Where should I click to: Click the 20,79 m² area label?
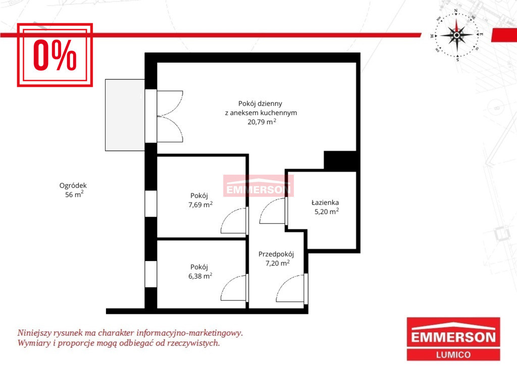pos(262,122)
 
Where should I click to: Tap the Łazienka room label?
pos(325,202)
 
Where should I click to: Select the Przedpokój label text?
pos(276,254)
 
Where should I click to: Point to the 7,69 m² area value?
pos(200,204)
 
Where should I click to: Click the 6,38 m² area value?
pos(200,276)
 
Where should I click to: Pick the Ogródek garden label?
pos(73,186)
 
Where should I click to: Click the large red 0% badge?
pos(55,55)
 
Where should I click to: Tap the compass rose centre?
pos(456,35)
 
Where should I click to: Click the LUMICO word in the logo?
pos(453,354)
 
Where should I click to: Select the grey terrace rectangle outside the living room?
pos(125,115)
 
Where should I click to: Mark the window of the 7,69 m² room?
pos(150,203)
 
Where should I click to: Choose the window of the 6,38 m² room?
pos(150,274)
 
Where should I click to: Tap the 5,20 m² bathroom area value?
pos(327,211)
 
